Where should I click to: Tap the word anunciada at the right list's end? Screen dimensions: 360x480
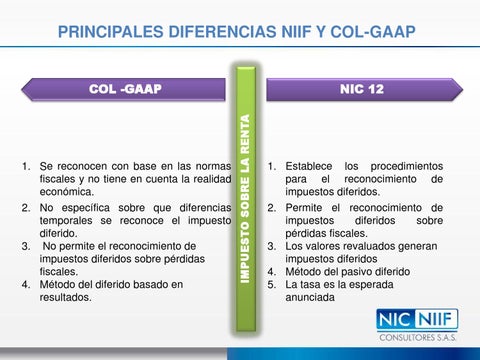[x=312, y=297]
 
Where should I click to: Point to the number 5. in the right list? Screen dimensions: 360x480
[x=272, y=284]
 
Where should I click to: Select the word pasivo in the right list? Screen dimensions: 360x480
[x=362, y=270]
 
